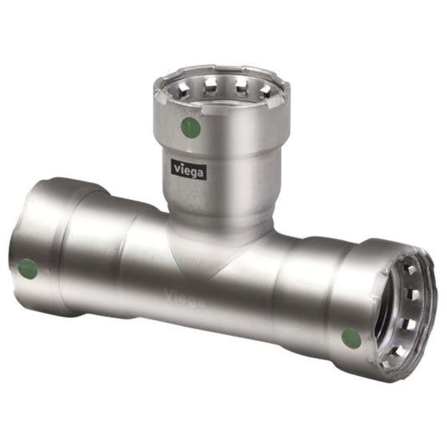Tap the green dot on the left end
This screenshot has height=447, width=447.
[28, 270]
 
